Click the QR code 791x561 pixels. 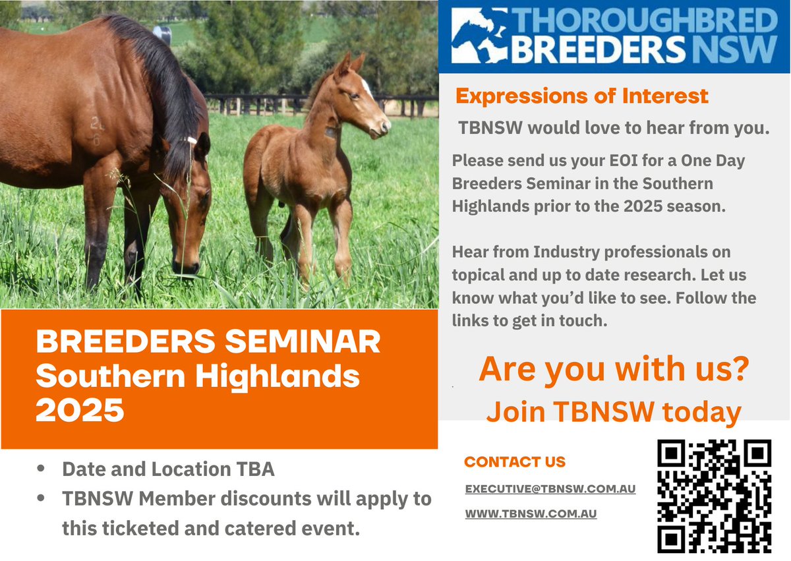(x=715, y=496)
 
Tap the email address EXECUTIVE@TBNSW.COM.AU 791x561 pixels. (x=550, y=489)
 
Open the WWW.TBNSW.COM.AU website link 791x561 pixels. (x=531, y=514)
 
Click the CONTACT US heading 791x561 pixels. (x=515, y=462)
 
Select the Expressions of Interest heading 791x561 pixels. (x=582, y=96)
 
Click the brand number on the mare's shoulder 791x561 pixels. (x=98, y=130)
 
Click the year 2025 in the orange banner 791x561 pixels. (x=80, y=410)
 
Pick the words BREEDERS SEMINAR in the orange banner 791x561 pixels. (x=208, y=343)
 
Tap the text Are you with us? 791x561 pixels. (x=614, y=369)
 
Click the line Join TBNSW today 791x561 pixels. (x=614, y=412)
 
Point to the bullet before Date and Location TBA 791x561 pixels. (x=42, y=469)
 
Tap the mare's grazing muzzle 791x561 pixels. (x=187, y=268)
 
